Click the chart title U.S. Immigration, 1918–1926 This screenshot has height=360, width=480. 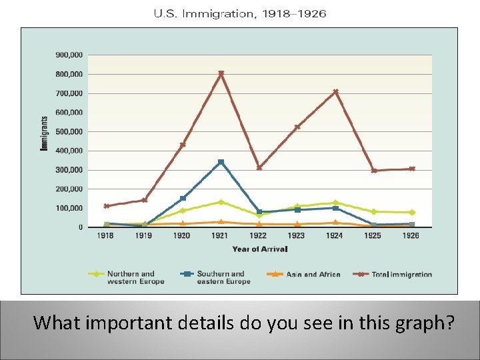[x=240, y=14]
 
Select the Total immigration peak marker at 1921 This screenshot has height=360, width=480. [x=221, y=73]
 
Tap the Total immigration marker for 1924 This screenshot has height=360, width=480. [x=335, y=92]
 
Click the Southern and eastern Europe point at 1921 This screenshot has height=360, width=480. [x=221, y=162]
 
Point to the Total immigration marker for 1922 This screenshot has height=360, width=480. [x=259, y=168]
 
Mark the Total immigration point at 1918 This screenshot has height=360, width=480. [x=107, y=206]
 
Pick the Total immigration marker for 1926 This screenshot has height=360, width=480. [x=412, y=169]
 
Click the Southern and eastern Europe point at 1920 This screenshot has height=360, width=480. [x=183, y=198]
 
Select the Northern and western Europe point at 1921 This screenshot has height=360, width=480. [x=221, y=202]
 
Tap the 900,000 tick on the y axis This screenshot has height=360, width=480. [x=69, y=55]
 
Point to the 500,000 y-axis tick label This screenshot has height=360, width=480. [x=69, y=132]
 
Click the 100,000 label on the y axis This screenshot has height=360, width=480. [x=69, y=209]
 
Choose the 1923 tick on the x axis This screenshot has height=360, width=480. [x=297, y=236]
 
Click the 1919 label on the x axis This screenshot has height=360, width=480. [x=144, y=236]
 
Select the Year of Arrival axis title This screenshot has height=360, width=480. [x=260, y=249]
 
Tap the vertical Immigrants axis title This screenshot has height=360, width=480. [x=45, y=133]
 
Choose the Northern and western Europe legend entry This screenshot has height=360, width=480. [x=131, y=277]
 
